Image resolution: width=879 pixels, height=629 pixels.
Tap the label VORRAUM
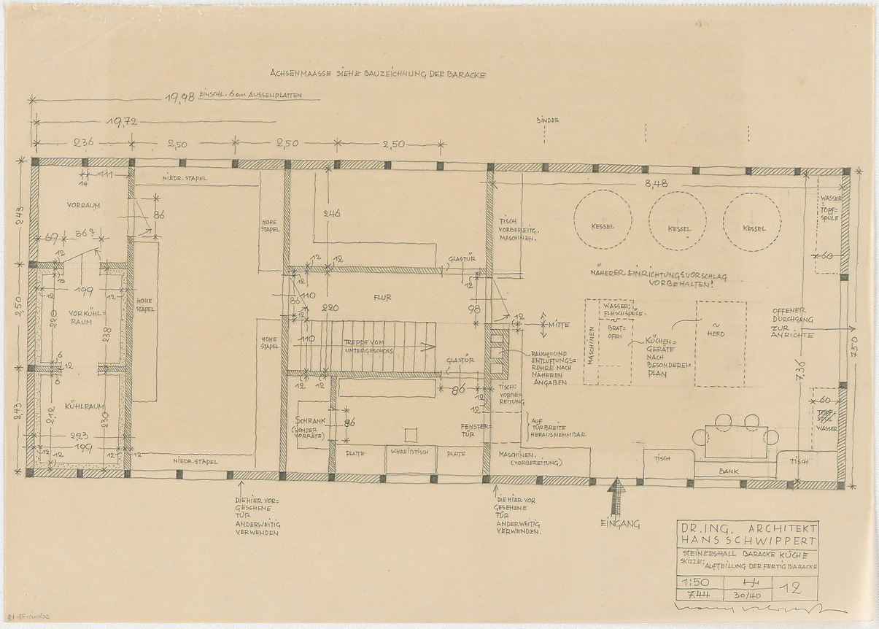(x=82, y=205)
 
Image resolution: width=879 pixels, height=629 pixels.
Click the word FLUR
(x=383, y=297)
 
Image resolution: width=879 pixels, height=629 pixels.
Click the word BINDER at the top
(x=546, y=120)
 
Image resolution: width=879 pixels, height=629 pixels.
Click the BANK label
(x=728, y=471)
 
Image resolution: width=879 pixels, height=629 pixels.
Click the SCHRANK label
(x=311, y=421)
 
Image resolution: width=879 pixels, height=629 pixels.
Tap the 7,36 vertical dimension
(x=800, y=370)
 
